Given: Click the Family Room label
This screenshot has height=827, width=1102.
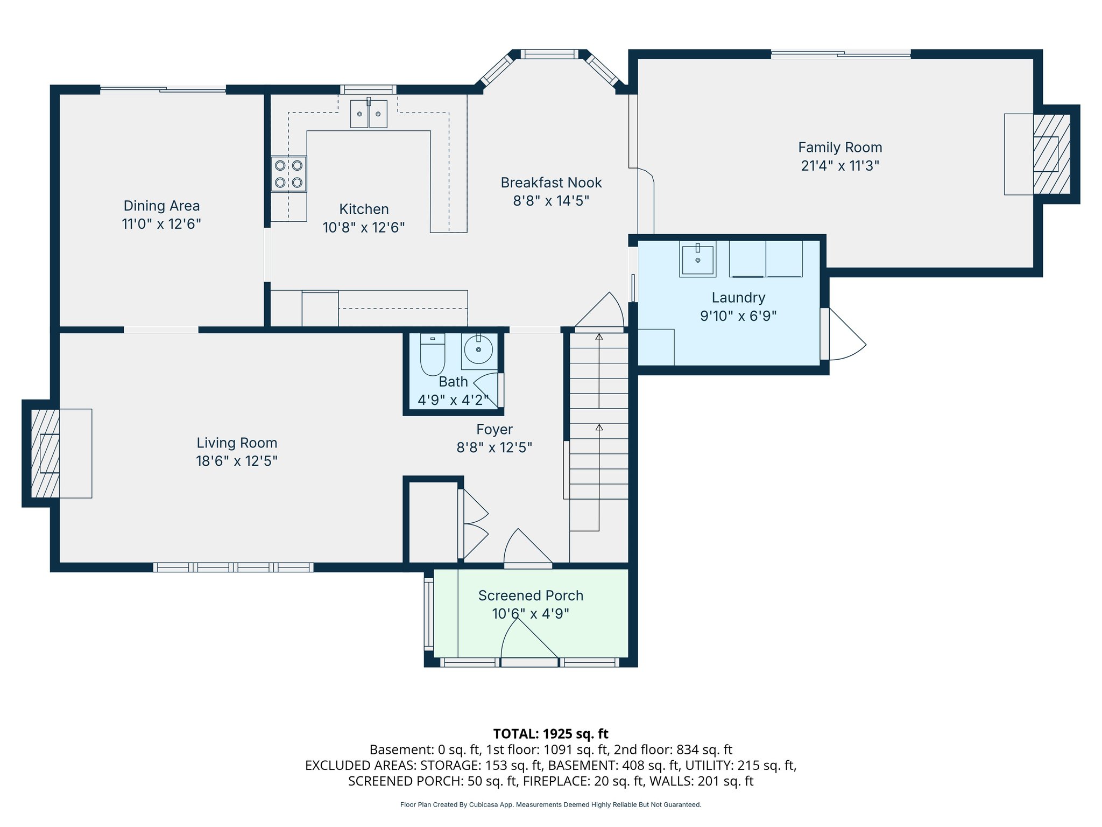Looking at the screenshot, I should (x=839, y=148).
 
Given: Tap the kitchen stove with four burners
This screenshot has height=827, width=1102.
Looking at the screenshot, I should (x=288, y=174).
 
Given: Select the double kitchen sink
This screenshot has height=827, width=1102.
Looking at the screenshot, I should (x=369, y=114).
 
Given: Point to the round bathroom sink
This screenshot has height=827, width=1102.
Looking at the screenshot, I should (x=478, y=350).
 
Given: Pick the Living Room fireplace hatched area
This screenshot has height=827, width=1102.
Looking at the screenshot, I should (x=45, y=453).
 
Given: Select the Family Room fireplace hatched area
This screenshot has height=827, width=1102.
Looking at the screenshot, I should (x=1051, y=154).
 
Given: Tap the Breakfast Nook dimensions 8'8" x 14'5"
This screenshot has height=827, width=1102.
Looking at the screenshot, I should (x=551, y=201).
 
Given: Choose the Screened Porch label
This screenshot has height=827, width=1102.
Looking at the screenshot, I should (x=531, y=595).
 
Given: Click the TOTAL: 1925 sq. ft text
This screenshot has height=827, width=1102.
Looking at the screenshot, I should (x=550, y=734).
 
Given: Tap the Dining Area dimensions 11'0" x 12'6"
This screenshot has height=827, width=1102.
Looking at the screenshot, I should (x=161, y=224).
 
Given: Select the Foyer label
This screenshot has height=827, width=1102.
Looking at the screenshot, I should (x=494, y=429).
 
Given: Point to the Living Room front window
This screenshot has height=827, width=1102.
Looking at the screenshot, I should (x=233, y=567).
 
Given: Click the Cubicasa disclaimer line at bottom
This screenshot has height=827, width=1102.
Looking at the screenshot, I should (x=550, y=805).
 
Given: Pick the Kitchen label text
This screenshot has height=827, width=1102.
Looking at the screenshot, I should (x=364, y=209).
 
